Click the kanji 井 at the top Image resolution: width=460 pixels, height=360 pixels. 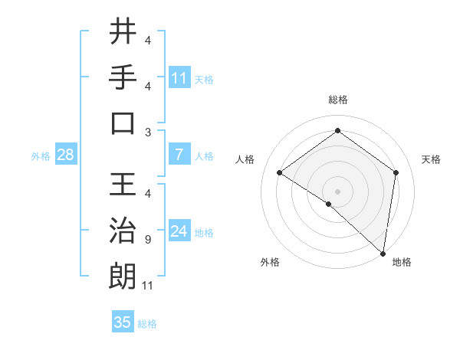(123, 31)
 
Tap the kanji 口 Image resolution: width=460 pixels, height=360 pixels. (123, 123)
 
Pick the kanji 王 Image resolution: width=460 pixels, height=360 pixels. (123, 185)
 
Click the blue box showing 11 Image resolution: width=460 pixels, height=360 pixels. (179, 77)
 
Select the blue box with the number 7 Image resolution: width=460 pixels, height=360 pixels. (179, 155)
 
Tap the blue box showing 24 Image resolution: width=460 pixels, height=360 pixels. (179, 231)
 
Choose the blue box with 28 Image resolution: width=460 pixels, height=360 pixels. (66, 155)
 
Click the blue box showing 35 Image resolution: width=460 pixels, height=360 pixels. (123, 322)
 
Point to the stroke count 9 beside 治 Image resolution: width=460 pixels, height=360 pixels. (147, 240)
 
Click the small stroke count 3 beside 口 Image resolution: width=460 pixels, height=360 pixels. (147, 132)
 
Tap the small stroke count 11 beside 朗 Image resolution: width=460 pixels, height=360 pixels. (149, 286)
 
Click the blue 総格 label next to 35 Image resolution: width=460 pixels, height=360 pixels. (148, 324)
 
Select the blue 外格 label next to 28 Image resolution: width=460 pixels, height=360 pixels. (41, 155)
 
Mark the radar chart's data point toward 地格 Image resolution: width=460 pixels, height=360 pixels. (383, 253)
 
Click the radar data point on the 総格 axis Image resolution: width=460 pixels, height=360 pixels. (337, 130)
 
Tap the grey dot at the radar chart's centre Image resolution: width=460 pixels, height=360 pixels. (337, 190)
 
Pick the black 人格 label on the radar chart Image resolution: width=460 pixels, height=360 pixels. (245, 159)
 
